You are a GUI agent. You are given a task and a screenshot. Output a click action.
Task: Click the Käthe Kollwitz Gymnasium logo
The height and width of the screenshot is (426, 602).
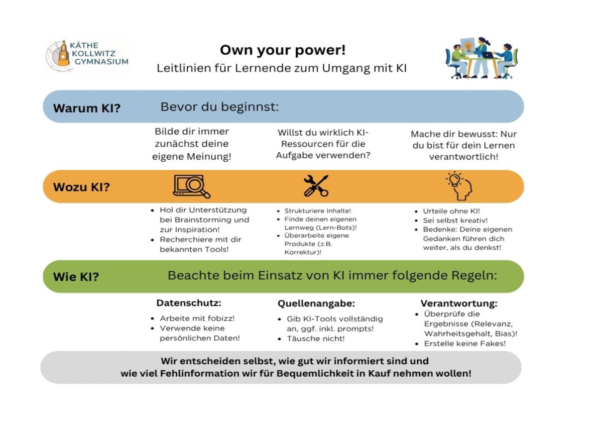click(86, 54)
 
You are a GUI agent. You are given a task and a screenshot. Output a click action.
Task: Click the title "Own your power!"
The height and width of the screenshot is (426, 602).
click(283, 50)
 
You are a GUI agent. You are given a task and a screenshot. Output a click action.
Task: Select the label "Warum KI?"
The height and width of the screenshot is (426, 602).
click(87, 108)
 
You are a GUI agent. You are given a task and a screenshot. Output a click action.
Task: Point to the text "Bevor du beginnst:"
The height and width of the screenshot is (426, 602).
click(219, 107)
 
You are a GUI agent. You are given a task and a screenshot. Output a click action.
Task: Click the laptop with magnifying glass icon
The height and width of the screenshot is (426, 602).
click(191, 186)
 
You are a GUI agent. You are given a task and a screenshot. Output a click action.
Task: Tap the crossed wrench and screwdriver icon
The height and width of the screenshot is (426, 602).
click(316, 186)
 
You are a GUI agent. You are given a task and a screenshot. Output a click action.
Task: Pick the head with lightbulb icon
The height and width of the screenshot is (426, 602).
click(459, 186)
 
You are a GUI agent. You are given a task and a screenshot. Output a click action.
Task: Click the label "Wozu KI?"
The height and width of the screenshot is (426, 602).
click(81, 187)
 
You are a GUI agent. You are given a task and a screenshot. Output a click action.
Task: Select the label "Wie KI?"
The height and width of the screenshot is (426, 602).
click(76, 276)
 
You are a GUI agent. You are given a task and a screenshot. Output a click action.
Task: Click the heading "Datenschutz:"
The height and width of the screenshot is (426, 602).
click(189, 303)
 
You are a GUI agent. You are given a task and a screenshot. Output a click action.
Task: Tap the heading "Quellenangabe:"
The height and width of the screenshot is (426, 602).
click(316, 303)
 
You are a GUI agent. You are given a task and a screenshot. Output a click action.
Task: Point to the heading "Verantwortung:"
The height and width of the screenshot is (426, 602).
click(459, 303)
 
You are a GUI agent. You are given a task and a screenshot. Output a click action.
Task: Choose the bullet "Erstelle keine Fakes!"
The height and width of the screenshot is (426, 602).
click(464, 344)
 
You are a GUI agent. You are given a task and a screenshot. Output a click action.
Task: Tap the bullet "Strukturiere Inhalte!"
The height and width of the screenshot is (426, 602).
click(317, 211)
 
